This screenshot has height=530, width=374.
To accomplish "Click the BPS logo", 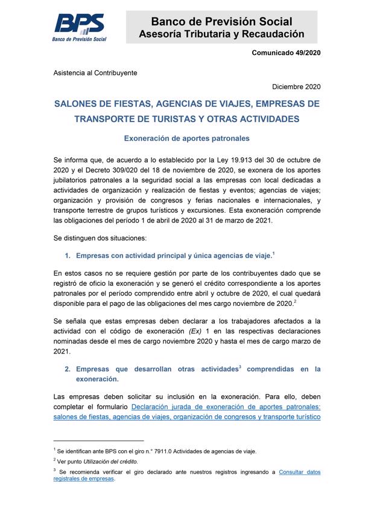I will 80,26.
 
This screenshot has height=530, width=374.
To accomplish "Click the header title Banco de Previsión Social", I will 221,22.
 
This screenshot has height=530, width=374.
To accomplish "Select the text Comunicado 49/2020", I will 286,53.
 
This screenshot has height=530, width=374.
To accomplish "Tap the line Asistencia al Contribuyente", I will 95,73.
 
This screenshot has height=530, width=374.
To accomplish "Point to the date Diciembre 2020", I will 296,86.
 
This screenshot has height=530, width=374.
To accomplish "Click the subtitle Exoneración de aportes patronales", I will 186,138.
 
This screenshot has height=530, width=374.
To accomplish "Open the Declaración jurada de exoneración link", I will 226,407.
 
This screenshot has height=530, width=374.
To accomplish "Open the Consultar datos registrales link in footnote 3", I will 299,472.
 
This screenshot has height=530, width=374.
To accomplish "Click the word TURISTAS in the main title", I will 184,119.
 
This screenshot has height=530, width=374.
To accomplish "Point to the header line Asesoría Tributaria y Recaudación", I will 221,34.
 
